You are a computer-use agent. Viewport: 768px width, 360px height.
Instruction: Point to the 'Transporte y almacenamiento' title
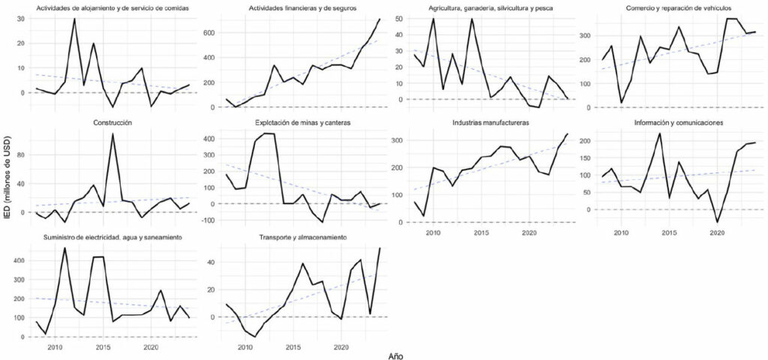tap(302, 237)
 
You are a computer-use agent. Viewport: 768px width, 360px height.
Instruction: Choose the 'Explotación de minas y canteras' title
tap(302, 122)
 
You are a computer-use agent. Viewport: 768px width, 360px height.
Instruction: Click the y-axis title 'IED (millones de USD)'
tap(7, 180)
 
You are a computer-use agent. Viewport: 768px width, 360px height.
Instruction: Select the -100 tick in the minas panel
tap(203, 220)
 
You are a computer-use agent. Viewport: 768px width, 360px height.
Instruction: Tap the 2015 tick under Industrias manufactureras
tap(481, 232)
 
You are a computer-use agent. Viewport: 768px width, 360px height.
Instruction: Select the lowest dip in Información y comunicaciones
tap(718, 223)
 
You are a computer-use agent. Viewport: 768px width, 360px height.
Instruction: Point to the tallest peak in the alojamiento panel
tap(74, 18)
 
